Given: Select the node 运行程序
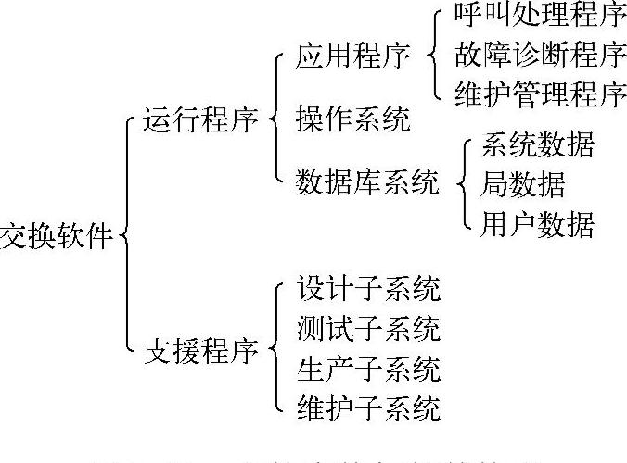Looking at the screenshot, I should coord(199,120).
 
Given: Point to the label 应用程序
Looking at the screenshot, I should coord(352,56).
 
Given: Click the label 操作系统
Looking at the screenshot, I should coord(352,120).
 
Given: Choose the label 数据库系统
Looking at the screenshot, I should coord(367,181).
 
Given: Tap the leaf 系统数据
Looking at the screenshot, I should coord(537,145).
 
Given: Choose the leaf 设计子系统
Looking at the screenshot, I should coord(367,289).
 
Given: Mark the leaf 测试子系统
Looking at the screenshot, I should coord(367,329).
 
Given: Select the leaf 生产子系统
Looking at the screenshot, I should coord(367,368).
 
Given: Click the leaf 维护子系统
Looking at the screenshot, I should coord(367,407).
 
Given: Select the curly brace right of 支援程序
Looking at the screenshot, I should coord(275,350).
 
